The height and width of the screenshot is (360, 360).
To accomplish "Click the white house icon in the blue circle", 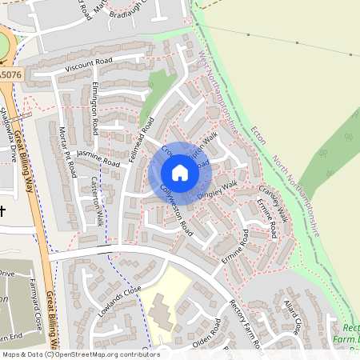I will tap(180, 173).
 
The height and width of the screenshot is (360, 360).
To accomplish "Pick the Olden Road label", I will tap(206, 335).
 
